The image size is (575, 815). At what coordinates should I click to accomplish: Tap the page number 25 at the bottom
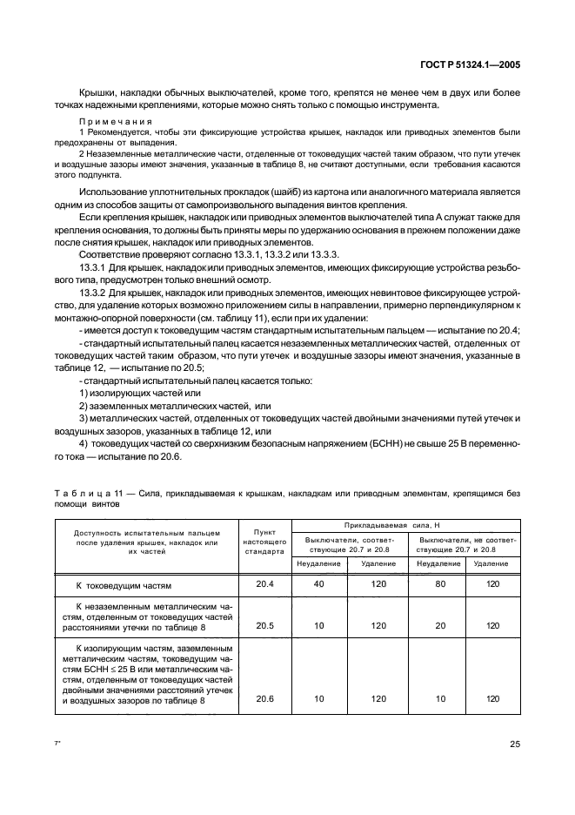tap(514, 744)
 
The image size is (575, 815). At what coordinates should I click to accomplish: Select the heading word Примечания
tap(116, 120)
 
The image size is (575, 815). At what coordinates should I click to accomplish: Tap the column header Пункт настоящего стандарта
tap(264, 542)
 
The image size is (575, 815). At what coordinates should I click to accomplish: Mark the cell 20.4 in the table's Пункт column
tap(264, 583)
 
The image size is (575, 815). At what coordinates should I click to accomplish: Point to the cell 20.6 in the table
tap(264, 698)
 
